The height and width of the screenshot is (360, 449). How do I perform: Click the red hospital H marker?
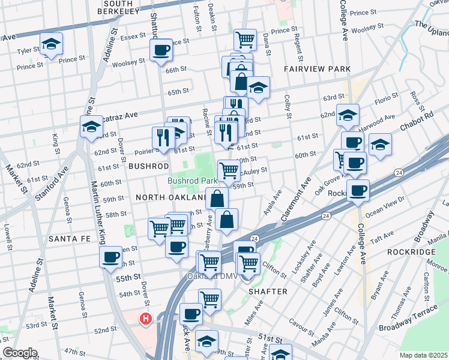click(145, 319)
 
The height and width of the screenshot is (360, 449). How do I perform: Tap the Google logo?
click(20, 353)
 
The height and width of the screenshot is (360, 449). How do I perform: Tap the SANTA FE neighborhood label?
click(69, 239)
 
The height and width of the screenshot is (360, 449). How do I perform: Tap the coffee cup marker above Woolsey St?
click(161, 50)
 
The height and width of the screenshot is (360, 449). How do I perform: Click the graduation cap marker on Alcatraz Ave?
click(91, 127)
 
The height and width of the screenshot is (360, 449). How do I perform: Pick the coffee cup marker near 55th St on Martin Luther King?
click(110, 258)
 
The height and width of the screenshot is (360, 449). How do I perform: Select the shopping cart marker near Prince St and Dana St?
click(244, 40)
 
